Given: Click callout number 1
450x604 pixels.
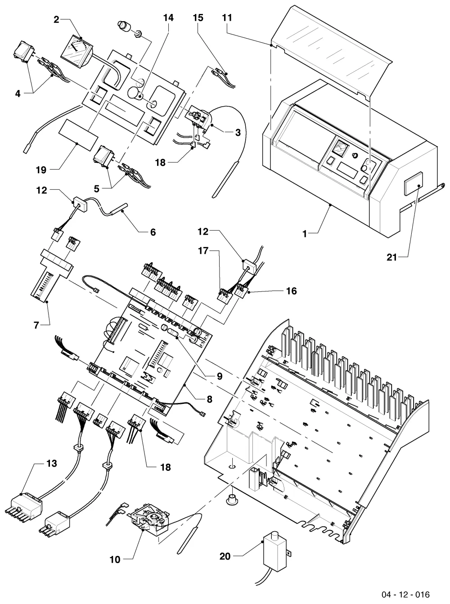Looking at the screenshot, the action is click(305, 234).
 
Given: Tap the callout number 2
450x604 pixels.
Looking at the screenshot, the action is click(56, 20).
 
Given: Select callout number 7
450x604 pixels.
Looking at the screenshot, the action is click(36, 325).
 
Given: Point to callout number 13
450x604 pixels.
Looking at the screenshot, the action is click(52, 463).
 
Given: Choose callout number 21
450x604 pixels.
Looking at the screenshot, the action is click(392, 257).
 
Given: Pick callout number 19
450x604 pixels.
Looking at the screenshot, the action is click(41, 170).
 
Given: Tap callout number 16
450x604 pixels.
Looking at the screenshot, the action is click(291, 291).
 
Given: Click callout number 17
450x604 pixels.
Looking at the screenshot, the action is click(203, 251).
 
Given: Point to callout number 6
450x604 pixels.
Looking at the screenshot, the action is click(153, 232).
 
